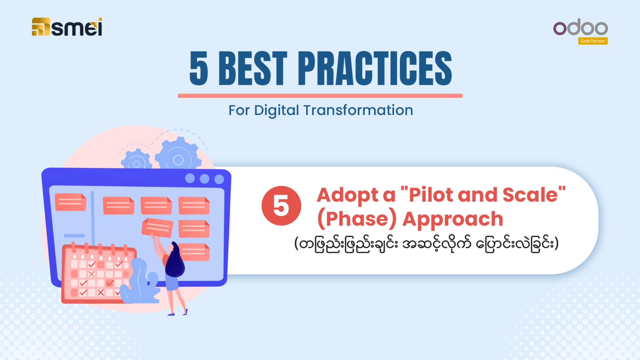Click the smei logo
67,27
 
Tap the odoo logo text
580,27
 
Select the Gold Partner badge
593,41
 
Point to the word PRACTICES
375,68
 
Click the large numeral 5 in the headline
199,68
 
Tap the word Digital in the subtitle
276,111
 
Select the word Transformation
358,110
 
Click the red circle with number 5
281,206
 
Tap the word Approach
452,219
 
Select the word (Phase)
357,219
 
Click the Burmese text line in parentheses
426,244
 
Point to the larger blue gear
178,155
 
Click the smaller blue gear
136,160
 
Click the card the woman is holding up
157,227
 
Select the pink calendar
96,274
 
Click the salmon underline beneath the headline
320,96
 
